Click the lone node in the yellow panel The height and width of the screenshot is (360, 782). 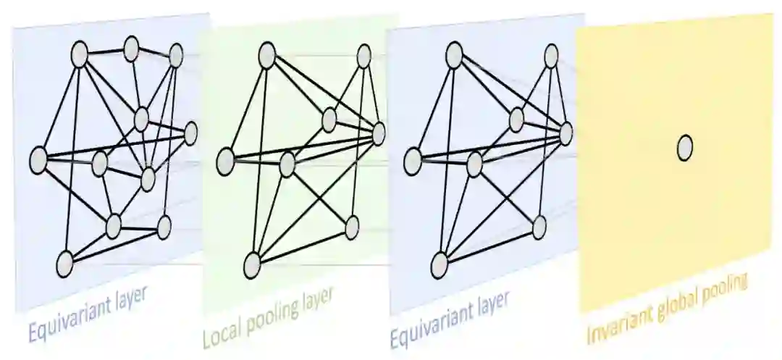point(684,148)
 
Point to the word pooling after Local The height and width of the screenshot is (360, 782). point(272,318)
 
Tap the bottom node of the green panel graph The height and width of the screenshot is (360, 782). point(252,265)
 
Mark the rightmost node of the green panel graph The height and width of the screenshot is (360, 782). point(379,133)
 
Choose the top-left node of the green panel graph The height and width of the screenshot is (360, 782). point(266,53)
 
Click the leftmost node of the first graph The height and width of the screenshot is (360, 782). point(38,159)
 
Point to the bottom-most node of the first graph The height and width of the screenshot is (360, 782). point(65,263)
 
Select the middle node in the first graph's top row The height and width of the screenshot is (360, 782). point(131,49)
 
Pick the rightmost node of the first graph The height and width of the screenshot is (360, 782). point(190,133)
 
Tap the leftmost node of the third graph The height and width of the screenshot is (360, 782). point(413,160)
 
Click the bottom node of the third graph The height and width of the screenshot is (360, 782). point(440,265)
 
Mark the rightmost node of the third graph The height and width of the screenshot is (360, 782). point(566,133)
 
